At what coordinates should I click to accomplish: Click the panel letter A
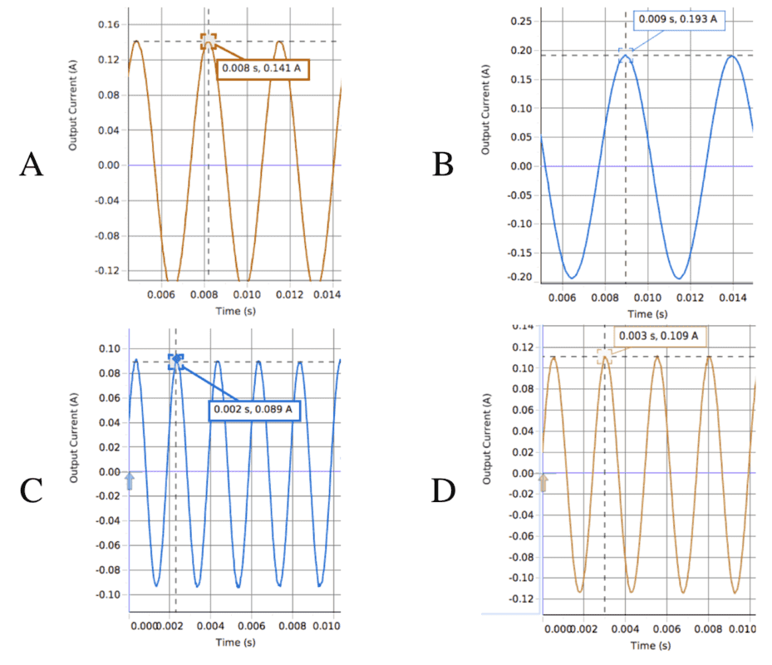click(x=31, y=165)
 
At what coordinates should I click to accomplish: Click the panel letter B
click(x=443, y=165)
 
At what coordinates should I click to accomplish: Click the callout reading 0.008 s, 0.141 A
click(x=263, y=69)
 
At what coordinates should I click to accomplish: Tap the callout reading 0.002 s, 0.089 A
click(x=253, y=410)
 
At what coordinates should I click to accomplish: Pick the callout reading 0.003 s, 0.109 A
click(x=661, y=337)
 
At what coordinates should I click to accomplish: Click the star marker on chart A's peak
click(x=209, y=41)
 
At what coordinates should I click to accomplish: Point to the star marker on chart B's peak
click(x=626, y=55)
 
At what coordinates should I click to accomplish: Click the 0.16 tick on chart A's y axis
click(x=110, y=24)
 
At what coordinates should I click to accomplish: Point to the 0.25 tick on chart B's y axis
click(x=521, y=22)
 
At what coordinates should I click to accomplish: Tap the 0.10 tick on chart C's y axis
click(x=109, y=348)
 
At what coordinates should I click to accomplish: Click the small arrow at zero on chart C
click(x=129, y=480)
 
